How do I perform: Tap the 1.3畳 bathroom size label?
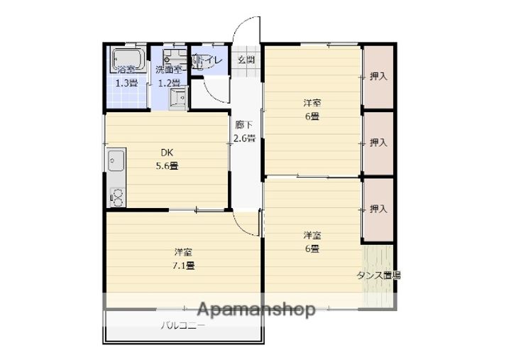point(128,82)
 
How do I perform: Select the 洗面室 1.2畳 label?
point(170,76)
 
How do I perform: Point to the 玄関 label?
point(246,60)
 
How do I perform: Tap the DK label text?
point(167,152)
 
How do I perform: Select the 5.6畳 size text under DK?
point(167,166)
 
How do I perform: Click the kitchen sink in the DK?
point(116,161)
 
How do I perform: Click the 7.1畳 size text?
point(185,266)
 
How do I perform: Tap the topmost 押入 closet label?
point(378,76)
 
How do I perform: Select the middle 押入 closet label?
point(378,143)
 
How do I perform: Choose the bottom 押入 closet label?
point(378,209)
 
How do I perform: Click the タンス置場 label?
point(378,276)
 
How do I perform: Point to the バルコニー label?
point(182,326)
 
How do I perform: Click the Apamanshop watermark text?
point(256,310)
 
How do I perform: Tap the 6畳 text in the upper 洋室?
point(312,116)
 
